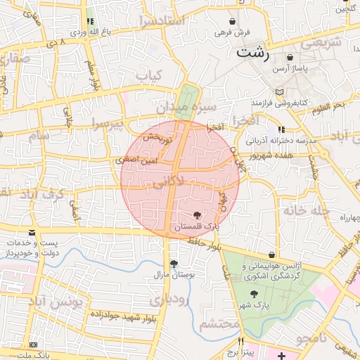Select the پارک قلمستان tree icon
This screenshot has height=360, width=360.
[x=197, y=215]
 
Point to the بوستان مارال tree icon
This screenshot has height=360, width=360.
[x=173, y=264]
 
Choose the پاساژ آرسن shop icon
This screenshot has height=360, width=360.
[x=291, y=58]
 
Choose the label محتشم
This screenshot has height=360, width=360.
[x=219, y=324]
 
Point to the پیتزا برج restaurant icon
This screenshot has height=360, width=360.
[x=241, y=341]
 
